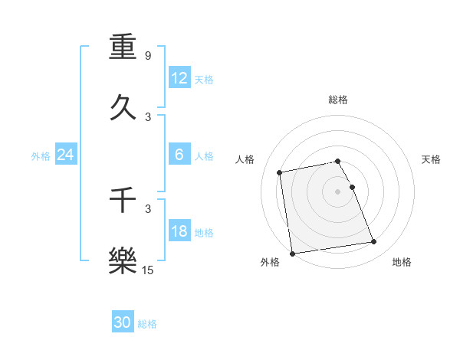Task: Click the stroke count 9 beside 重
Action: pyautogui.click(x=148, y=56)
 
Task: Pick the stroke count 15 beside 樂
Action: pyautogui.click(x=148, y=270)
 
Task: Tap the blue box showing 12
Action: pyautogui.click(x=179, y=78)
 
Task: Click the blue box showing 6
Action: pyautogui.click(x=179, y=155)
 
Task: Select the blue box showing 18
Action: pyautogui.click(x=179, y=231)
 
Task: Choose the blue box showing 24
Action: pyautogui.click(x=65, y=155)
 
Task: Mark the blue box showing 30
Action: pyautogui.click(x=123, y=322)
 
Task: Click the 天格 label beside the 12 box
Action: pyautogui.click(x=204, y=80)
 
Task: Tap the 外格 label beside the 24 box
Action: pyautogui.click(x=41, y=156)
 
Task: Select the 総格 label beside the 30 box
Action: pyautogui.click(x=147, y=324)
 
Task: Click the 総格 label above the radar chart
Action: pyautogui.click(x=338, y=100)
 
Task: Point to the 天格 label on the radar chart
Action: pyautogui.click(x=432, y=159)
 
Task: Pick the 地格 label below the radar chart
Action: pyautogui.click(x=402, y=262)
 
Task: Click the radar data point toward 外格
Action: pyautogui.click(x=292, y=254)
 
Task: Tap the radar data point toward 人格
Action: pyautogui.click(x=280, y=172)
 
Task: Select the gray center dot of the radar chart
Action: pyautogui.click(x=338, y=191)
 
